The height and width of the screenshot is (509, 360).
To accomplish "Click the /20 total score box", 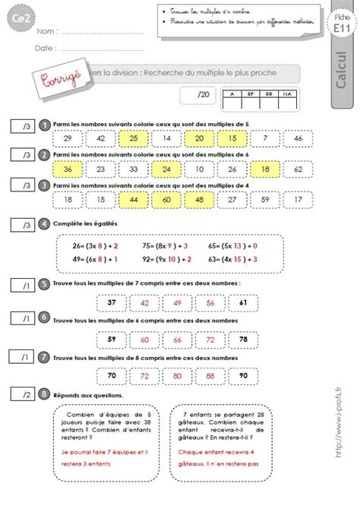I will click(x=196, y=95).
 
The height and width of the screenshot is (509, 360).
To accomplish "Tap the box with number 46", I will click(x=298, y=138).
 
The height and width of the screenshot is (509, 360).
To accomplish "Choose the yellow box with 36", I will click(x=69, y=169).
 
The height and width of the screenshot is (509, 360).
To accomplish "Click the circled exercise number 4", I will click(x=46, y=224).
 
